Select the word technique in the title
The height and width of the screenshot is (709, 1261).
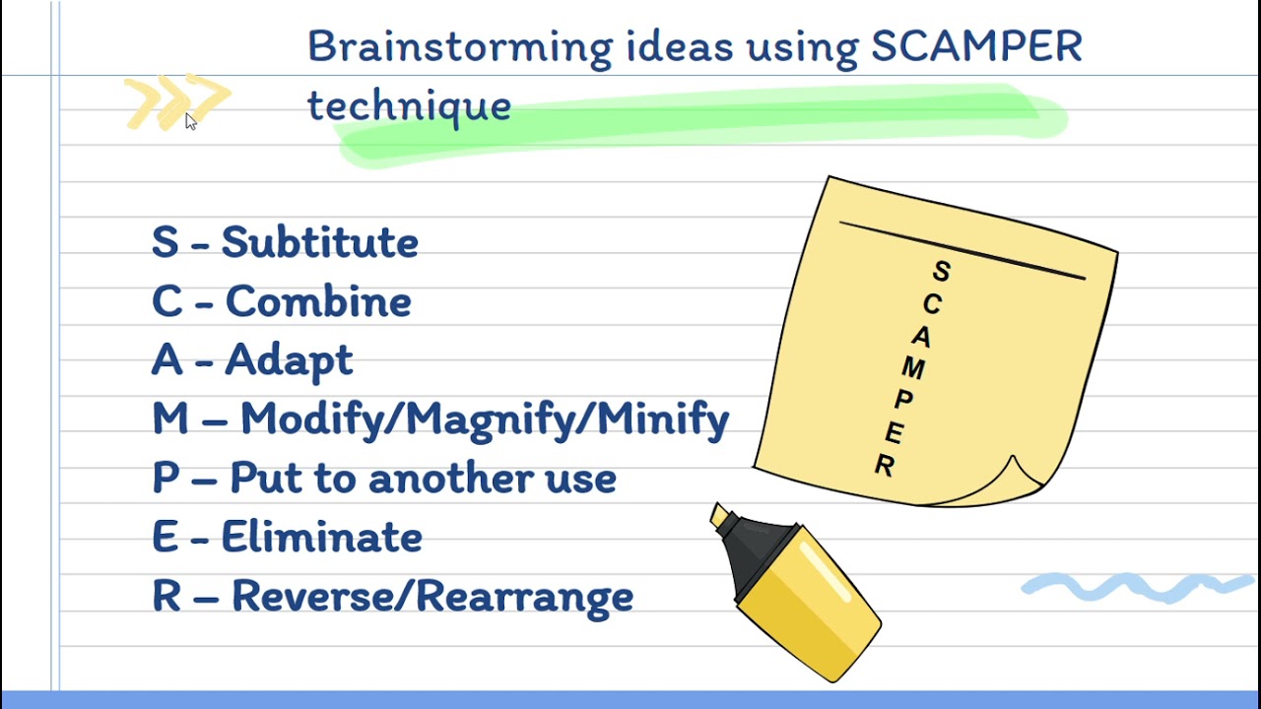[409, 105]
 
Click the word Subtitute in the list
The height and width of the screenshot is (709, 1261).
[319, 242]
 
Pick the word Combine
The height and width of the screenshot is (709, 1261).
[317, 301]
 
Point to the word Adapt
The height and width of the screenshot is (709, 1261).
[288, 361]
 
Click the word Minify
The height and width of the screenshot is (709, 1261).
[663, 420]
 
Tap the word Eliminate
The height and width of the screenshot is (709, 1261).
[321, 538]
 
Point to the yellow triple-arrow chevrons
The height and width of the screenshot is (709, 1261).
[177, 101]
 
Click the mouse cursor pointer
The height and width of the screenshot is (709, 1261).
[190, 120]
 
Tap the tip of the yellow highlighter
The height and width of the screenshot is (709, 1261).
[720, 515]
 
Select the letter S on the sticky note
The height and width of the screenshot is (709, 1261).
[942, 272]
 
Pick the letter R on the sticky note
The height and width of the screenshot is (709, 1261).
[885, 466]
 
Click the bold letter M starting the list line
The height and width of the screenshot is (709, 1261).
[169, 419]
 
